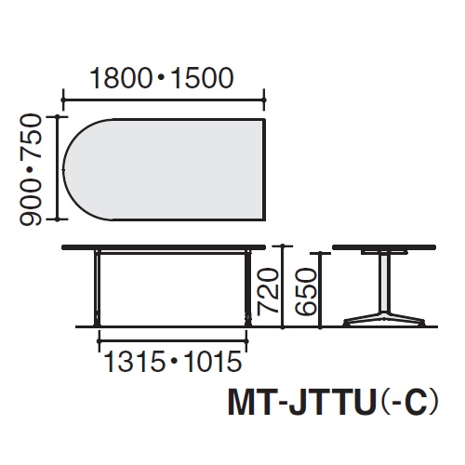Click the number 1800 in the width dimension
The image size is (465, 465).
pyautogui.click(x=121, y=78)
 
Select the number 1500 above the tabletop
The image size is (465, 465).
pyautogui.click(x=202, y=78)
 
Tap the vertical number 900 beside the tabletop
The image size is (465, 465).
pyautogui.click(x=31, y=202)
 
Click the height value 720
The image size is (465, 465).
pyautogui.click(x=268, y=290)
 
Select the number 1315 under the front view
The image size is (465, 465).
pyautogui.click(x=134, y=362)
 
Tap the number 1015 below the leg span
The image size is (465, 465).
pyautogui.click(x=212, y=362)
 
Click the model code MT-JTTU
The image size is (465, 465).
pyautogui.click(x=299, y=404)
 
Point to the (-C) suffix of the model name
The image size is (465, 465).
pyautogui.click(x=406, y=404)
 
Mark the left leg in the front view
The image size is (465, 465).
pyautogui.click(x=97, y=287)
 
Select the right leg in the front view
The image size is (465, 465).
pyautogui.click(x=248, y=287)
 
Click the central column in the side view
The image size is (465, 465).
pyautogui.click(x=384, y=283)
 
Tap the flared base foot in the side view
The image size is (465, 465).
pyautogui.click(x=384, y=319)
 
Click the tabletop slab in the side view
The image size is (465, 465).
pyautogui.click(x=384, y=247)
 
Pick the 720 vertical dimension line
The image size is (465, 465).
pyautogui.click(x=283, y=286)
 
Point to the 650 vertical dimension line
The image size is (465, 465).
pyautogui.click(x=320, y=290)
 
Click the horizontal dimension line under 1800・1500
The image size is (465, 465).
pyautogui.click(x=164, y=100)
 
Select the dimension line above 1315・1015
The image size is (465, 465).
pyautogui.click(x=173, y=341)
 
